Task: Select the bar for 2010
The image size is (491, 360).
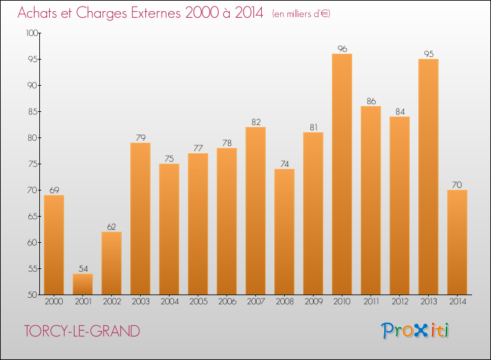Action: tap(342, 174)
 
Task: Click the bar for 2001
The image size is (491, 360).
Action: tap(82, 284)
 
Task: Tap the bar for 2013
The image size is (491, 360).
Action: tap(428, 177)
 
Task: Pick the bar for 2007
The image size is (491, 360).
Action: tap(255, 211)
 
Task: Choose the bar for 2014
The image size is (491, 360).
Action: tap(457, 242)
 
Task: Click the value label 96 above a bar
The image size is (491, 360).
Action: tap(342, 48)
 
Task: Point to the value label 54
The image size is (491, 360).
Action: tap(82, 268)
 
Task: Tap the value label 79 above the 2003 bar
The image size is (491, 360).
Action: tap(140, 137)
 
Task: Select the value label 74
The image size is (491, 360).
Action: tap(284, 163)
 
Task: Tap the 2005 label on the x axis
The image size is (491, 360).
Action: tap(198, 302)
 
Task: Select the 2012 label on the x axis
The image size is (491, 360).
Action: tap(399, 302)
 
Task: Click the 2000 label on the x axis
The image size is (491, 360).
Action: tap(54, 302)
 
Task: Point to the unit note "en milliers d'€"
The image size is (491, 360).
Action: tap(301, 14)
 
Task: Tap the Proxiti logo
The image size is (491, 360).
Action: tap(416, 331)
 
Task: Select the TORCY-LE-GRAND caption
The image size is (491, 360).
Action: tap(82, 331)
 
